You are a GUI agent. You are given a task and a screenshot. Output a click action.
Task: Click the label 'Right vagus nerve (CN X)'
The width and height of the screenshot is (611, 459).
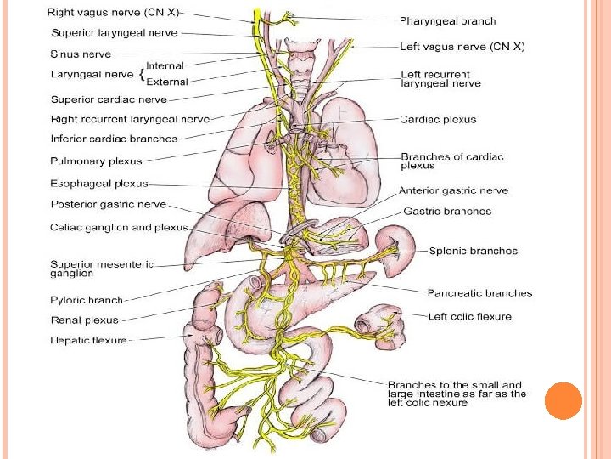pyautogui.click(x=114, y=14)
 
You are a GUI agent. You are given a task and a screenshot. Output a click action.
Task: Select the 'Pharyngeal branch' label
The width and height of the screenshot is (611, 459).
pyautogui.click(x=447, y=21)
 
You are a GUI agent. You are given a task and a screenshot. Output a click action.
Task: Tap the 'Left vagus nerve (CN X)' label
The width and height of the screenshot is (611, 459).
pyautogui.click(x=462, y=47)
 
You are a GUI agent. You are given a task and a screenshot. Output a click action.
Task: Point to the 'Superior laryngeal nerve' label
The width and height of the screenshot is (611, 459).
pyautogui.click(x=115, y=33)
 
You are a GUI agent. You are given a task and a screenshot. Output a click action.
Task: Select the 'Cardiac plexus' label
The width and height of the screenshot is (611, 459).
pyautogui.click(x=438, y=119)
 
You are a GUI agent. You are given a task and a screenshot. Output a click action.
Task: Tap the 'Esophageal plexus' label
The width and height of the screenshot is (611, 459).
pyautogui.click(x=99, y=183)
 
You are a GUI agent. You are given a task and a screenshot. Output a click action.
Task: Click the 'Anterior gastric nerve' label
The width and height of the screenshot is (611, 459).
pyautogui.click(x=453, y=191)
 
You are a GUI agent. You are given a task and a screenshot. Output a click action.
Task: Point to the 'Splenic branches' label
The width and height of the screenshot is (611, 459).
pyautogui.click(x=472, y=251)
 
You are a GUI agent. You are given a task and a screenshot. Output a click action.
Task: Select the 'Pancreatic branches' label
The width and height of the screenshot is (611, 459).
pyautogui.click(x=479, y=293)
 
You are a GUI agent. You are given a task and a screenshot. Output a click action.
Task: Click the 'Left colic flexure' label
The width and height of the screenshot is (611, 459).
pyautogui.click(x=469, y=316)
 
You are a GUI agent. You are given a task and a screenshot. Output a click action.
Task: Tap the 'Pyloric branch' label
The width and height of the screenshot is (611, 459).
pyautogui.click(x=87, y=300)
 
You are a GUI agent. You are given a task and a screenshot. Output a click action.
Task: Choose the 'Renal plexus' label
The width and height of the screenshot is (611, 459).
pyautogui.click(x=84, y=320)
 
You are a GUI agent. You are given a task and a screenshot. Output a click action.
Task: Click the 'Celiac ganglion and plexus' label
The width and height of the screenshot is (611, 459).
pyautogui.click(x=119, y=228)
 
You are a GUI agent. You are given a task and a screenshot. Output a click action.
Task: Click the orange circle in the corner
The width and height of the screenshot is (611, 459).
pyautogui.click(x=563, y=400)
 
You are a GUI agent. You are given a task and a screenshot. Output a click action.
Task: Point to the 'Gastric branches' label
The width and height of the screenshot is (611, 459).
pyautogui.click(x=447, y=212)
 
